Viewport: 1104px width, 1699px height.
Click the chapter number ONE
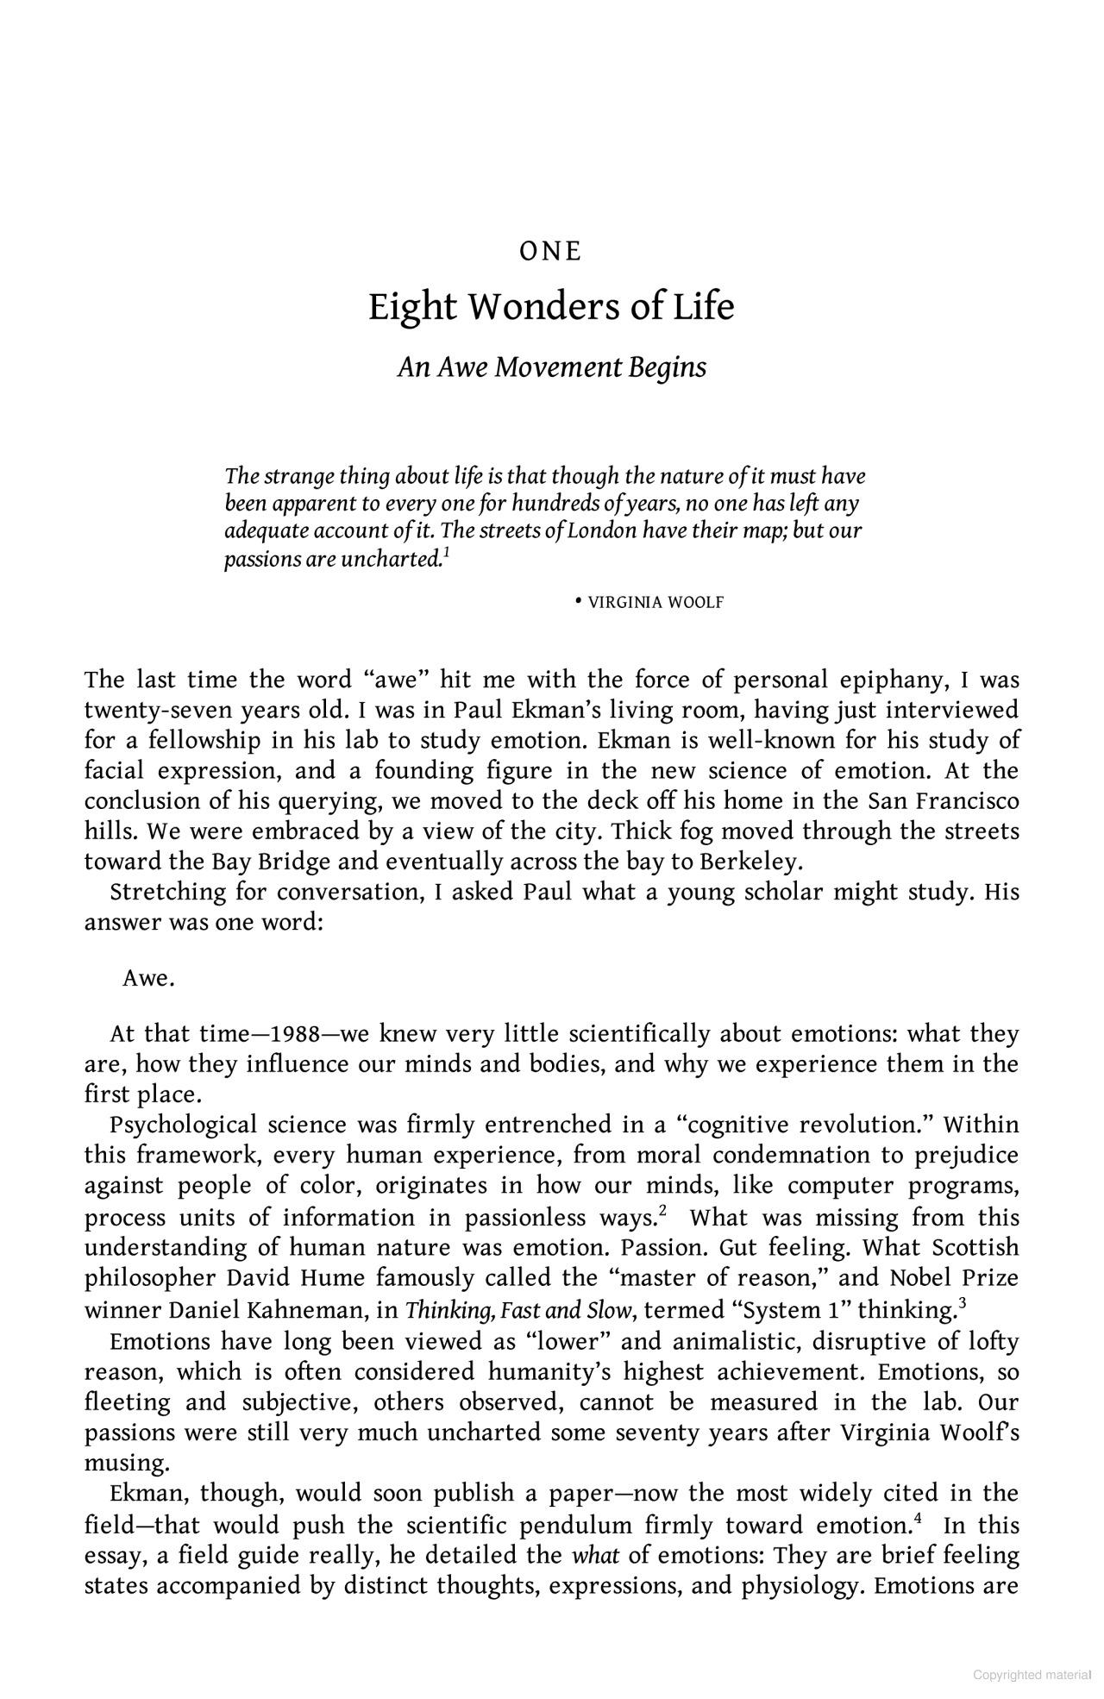(551, 252)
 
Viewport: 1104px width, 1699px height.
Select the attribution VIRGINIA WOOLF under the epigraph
(655, 603)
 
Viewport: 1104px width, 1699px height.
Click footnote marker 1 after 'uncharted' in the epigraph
(446, 552)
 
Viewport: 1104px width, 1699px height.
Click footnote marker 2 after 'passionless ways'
(662, 1210)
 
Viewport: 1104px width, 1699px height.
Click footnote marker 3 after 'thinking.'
(962, 1303)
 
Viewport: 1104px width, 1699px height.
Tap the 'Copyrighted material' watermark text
(1032, 1675)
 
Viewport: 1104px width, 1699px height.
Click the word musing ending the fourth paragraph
(126, 1463)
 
